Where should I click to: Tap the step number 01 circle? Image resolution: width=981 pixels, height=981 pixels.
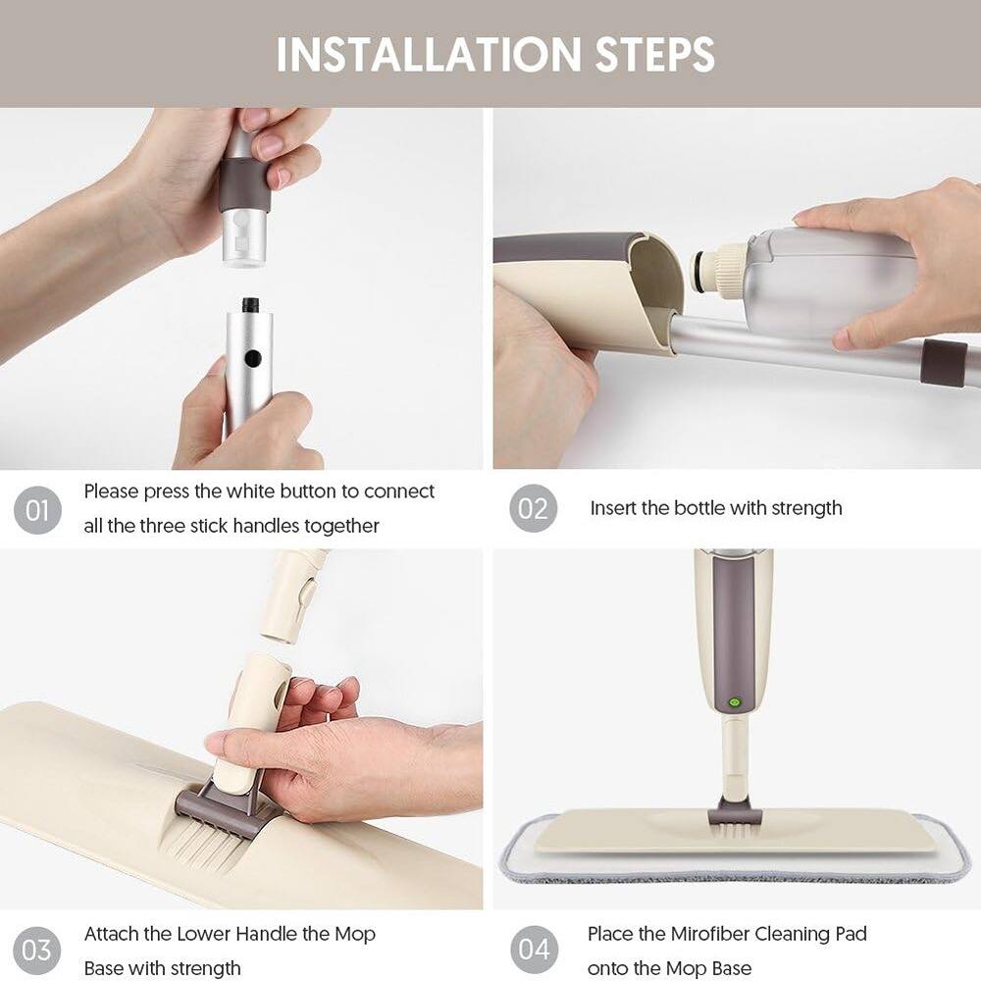coord(37,509)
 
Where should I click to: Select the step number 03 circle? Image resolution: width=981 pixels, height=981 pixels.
coord(37,951)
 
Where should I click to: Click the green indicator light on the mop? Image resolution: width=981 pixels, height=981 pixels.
coord(733,703)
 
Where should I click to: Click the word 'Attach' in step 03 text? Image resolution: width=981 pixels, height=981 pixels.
coord(112,933)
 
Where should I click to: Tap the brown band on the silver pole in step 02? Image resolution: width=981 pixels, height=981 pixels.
coord(945,363)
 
